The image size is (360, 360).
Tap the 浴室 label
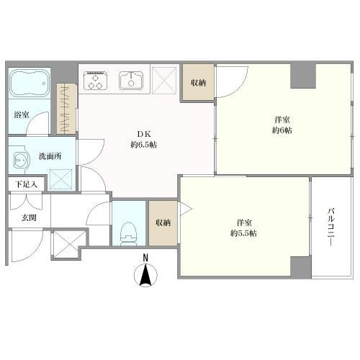point(22,114)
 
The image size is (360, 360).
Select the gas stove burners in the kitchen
point(95,80)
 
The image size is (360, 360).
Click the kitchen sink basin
point(131,80)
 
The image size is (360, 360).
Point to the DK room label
point(143,134)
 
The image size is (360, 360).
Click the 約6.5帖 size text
point(144,145)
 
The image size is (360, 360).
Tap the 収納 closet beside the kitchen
point(198,83)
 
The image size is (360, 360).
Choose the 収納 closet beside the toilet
point(163,223)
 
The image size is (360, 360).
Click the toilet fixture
point(129,233)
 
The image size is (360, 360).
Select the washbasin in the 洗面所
point(21,159)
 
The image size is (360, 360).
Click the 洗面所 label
point(50,156)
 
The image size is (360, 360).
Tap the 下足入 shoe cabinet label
point(27,184)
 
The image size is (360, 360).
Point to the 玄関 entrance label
point(30,218)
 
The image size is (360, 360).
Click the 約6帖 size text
point(282,130)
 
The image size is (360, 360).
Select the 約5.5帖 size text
point(243,233)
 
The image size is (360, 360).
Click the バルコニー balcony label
point(331,227)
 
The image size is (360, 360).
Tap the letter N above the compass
point(145,258)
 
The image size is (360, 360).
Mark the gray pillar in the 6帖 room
point(303,76)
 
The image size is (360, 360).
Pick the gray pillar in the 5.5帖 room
point(301,266)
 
